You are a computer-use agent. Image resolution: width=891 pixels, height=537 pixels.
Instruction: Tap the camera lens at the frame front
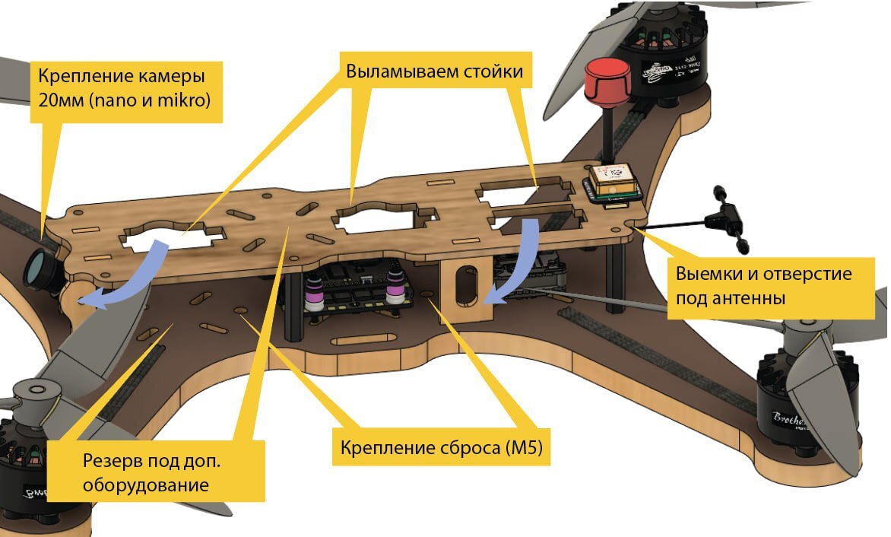coord(38,267)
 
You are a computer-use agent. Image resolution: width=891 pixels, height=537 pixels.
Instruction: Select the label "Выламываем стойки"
coord(434,72)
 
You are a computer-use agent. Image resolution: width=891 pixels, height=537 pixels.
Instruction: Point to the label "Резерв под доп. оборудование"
coord(157,472)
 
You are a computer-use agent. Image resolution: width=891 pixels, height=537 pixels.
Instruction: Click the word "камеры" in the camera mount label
coord(170,77)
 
